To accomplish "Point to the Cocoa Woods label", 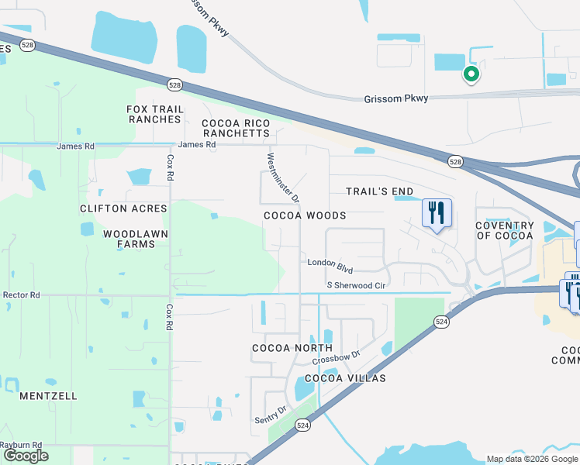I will pos(305,215).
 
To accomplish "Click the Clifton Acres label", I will pos(123,208).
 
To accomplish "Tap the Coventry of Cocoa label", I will pos(505,230).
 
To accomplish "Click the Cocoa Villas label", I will pos(345,378).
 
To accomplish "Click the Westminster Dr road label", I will pos(283,176).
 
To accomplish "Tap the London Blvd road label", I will pos(330,265).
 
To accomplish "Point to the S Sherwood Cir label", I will pos(356,285).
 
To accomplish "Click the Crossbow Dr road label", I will pos(337,359).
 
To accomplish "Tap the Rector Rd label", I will pos(21,294).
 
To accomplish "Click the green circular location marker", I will pos(470,74).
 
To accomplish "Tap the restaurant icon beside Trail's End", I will pos(437,212).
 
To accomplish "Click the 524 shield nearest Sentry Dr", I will pos(303,425).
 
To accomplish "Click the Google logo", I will pos(26,456).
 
